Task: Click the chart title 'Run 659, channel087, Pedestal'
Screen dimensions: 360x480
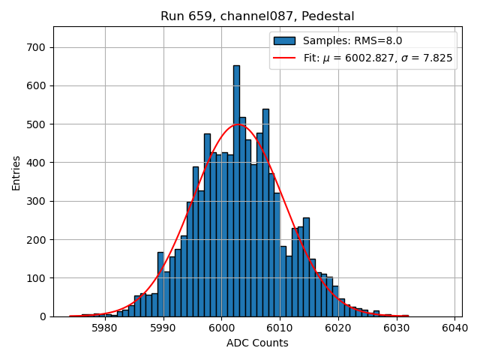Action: pyautogui.click(x=257, y=16)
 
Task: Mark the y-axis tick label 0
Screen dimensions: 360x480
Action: pyautogui.click(x=43, y=316)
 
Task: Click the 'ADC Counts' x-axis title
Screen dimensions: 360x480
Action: pyautogui.click(x=257, y=343)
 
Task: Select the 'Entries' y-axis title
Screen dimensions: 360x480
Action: pyautogui.click(x=16, y=173)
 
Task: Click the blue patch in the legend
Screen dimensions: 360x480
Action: pyautogui.click(x=284, y=41)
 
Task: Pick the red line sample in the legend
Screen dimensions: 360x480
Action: pyautogui.click(x=284, y=58)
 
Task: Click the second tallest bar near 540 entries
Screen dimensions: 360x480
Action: pyautogui.click(x=265, y=217)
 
